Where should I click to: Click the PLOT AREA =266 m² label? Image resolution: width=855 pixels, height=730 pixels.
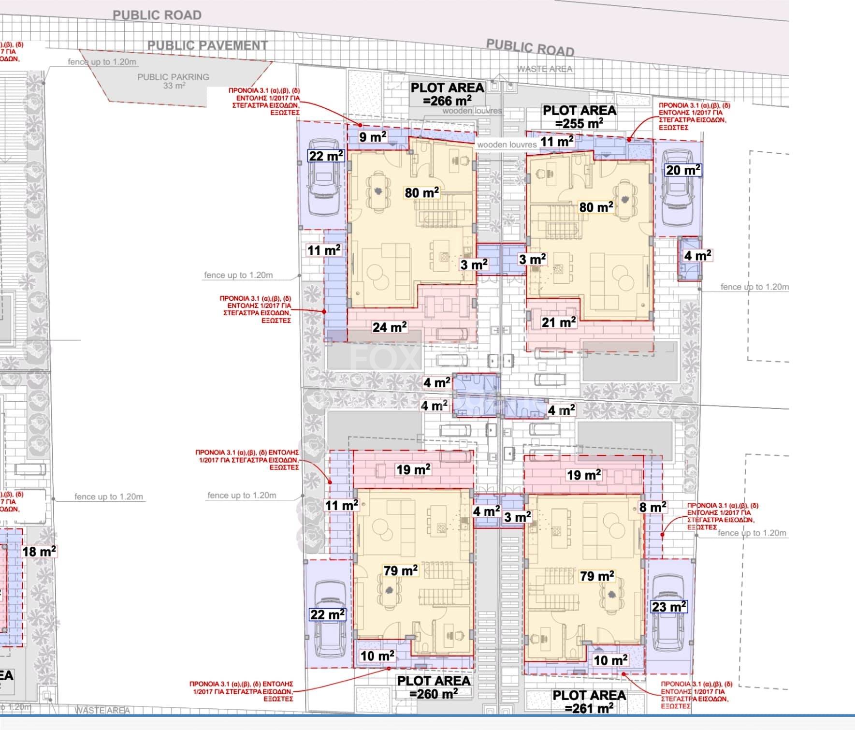(447, 94)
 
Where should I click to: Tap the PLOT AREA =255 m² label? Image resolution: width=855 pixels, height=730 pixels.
(579, 117)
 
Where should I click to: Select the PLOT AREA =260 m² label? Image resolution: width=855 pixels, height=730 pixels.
(434, 687)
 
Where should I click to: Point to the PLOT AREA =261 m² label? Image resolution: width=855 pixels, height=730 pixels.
(589, 701)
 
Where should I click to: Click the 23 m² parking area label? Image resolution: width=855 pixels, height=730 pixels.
(669, 607)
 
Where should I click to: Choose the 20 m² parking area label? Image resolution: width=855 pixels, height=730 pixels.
(683, 170)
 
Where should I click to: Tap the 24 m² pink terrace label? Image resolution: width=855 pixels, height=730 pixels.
(389, 327)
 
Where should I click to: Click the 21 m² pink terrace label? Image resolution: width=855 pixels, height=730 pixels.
(558, 322)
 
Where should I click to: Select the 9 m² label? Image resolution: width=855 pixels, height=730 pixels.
(372, 137)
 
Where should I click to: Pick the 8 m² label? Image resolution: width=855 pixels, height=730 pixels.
(652, 507)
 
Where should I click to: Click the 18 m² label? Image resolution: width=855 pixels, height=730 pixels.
(39, 551)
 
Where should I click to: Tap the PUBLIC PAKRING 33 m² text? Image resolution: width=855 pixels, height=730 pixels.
(173, 81)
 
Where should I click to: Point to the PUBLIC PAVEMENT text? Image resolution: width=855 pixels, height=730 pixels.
(207, 45)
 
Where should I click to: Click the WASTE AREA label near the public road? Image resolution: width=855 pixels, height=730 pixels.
(545, 69)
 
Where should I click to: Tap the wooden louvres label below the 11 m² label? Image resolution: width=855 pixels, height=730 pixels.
(507, 145)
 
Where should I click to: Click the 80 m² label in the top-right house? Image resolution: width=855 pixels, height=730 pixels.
(596, 207)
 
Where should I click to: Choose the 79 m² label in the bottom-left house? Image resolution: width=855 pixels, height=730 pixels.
(400, 571)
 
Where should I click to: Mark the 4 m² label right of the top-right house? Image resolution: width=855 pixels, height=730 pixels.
(697, 255)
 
